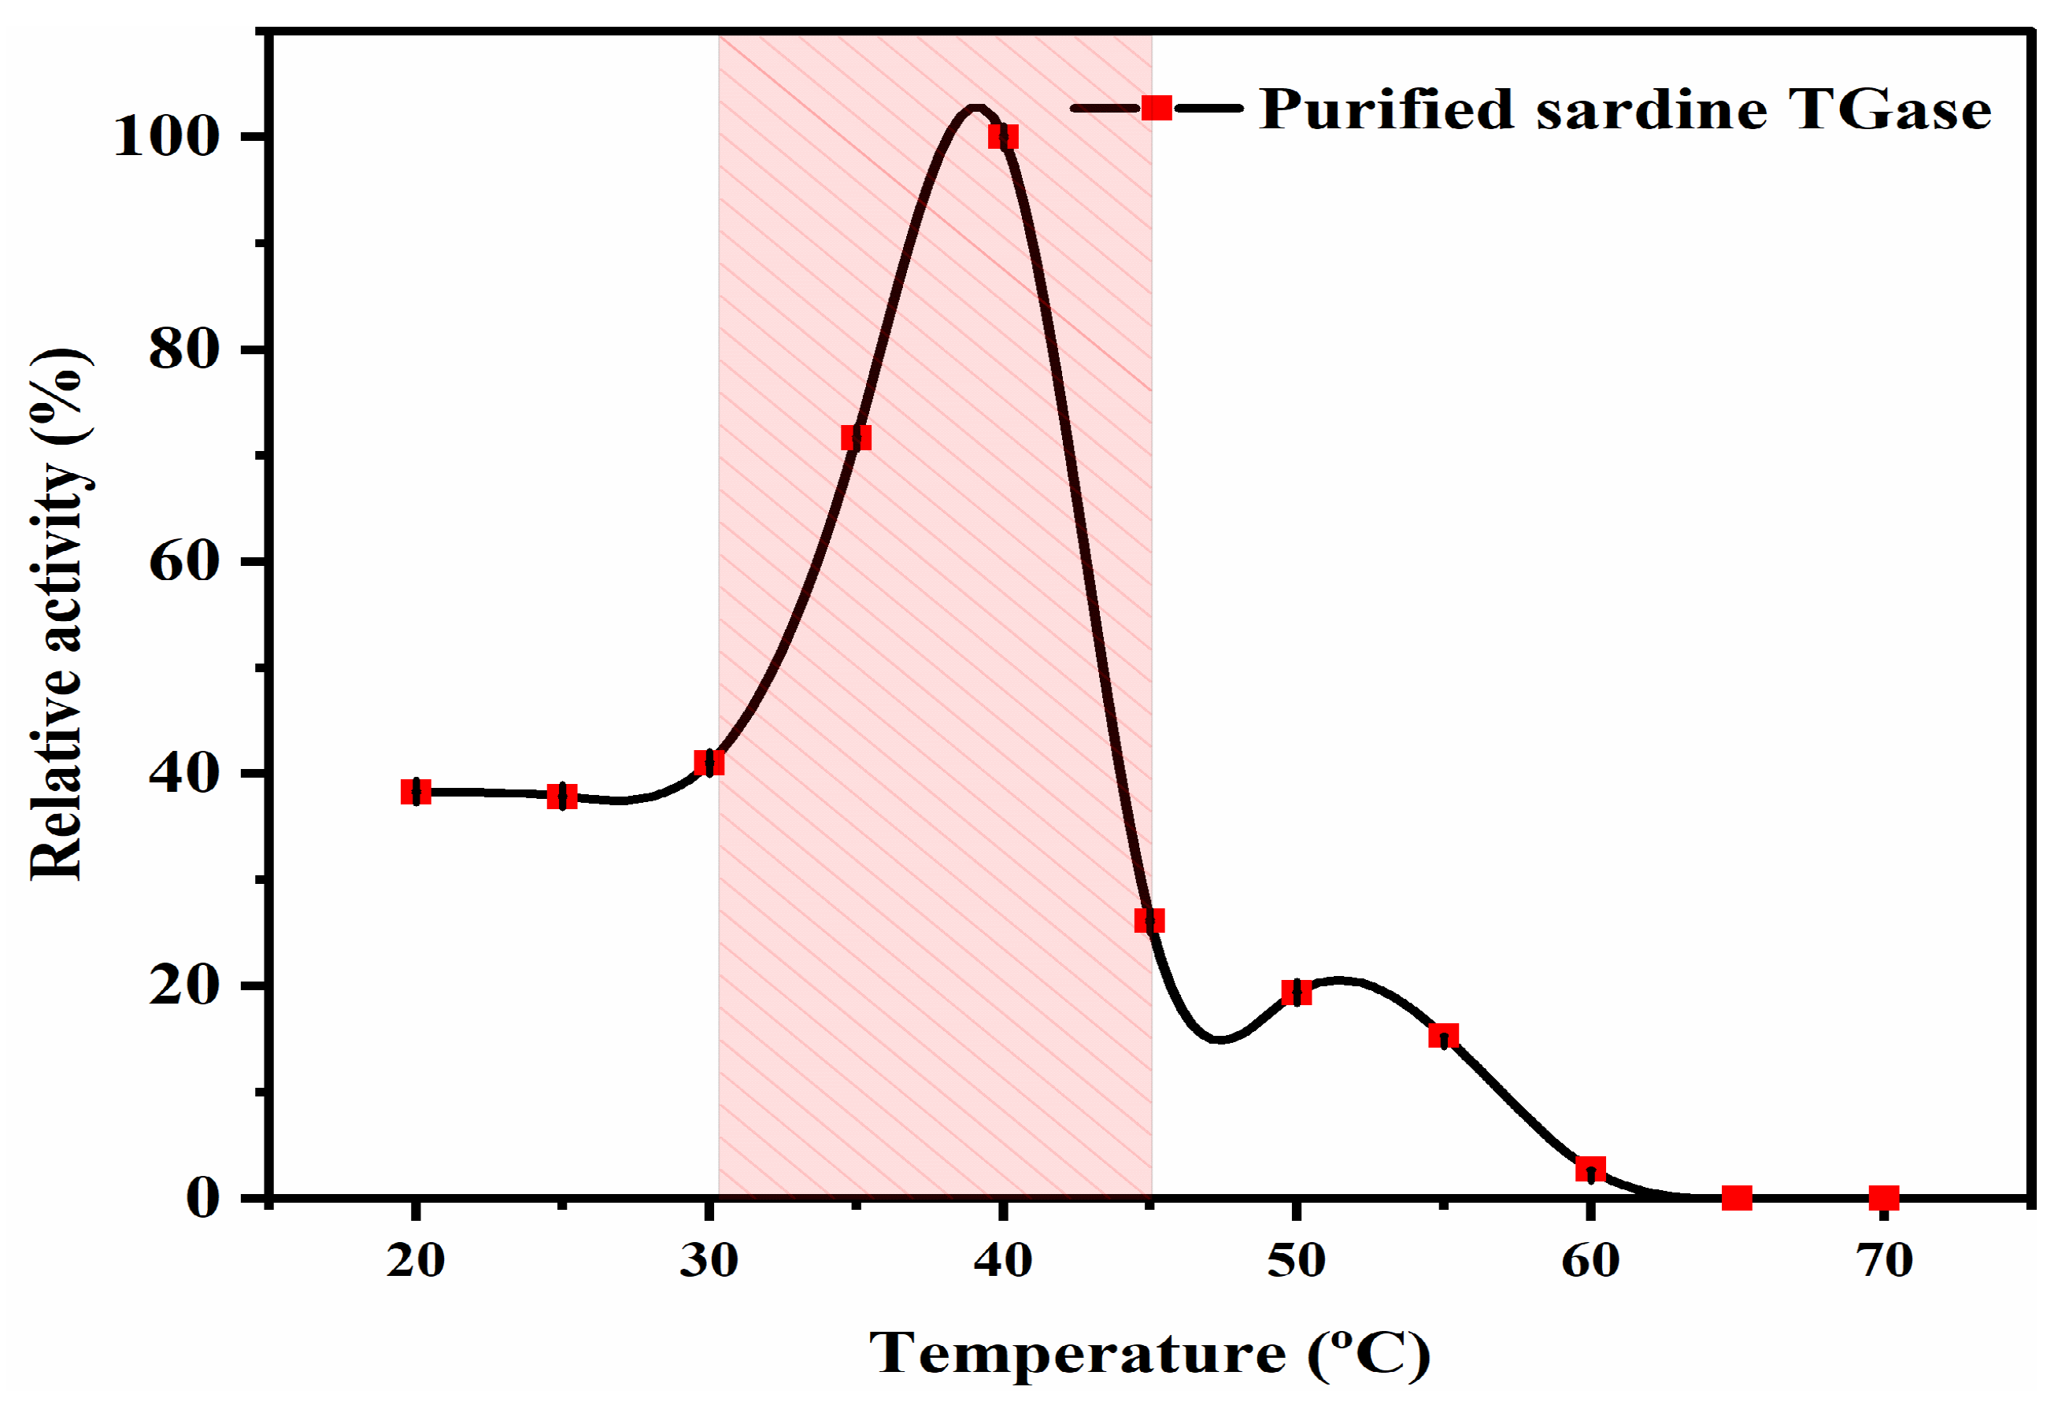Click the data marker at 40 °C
coord(1003,137)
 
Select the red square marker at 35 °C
coord(857,438)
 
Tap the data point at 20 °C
coord(416,792)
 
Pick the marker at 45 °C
coord(1149,921)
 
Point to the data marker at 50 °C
coord(1297,993)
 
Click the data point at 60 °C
coord(1590,1169)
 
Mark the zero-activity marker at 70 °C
coord(1883,1198)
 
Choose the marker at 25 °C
coord(562,796)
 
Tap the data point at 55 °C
coord(1443,1036)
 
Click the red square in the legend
coord(1157,108)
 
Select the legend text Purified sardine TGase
coord(1625,109)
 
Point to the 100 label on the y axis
coord(166,137)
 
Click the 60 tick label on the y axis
coord(184,561)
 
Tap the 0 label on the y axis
coord(204,1198)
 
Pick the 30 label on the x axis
coord(709,1261)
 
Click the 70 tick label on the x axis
coord(1885,1261)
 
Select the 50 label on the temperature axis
coord(1297,1261)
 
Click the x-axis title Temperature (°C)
coord(1149,1352)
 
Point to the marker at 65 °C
coord(1737,1198)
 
